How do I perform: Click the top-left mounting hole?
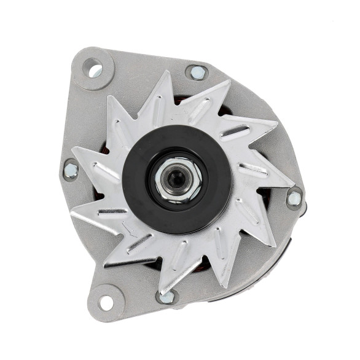pyautogui.click(x=95, y=69)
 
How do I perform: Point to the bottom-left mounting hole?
pyautogui.click(x=106, y=302)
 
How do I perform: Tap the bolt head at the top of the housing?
pyautogui.click(x=197, y=72)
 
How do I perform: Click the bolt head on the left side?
pyautogui.click(x=71, y=169)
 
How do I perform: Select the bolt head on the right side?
pyautogui.click(x=294, y=198)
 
